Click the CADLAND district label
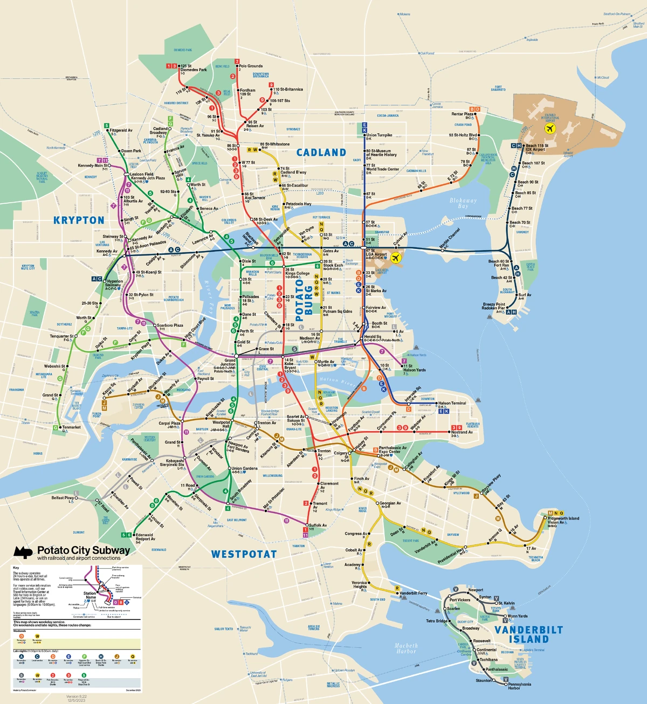point(321,153)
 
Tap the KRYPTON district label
point(79,220)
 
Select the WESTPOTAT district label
point(244,554)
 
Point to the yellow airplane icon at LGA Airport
point(396,258)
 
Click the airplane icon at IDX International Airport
point(550,129)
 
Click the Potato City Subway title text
point(84,550)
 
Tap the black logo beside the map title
point(23,552)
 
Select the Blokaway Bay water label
point(463,203)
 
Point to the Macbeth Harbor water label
point(406,648)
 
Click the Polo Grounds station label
point(251,66)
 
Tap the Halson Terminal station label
point(452,403)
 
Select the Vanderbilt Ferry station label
point(413,593)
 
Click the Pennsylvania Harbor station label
point(519,686)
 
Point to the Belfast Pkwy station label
point(63,498)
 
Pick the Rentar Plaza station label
point(462,114)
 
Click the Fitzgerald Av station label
point(121,130)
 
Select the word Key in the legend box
point(16,568)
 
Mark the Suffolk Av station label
point(318,525)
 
